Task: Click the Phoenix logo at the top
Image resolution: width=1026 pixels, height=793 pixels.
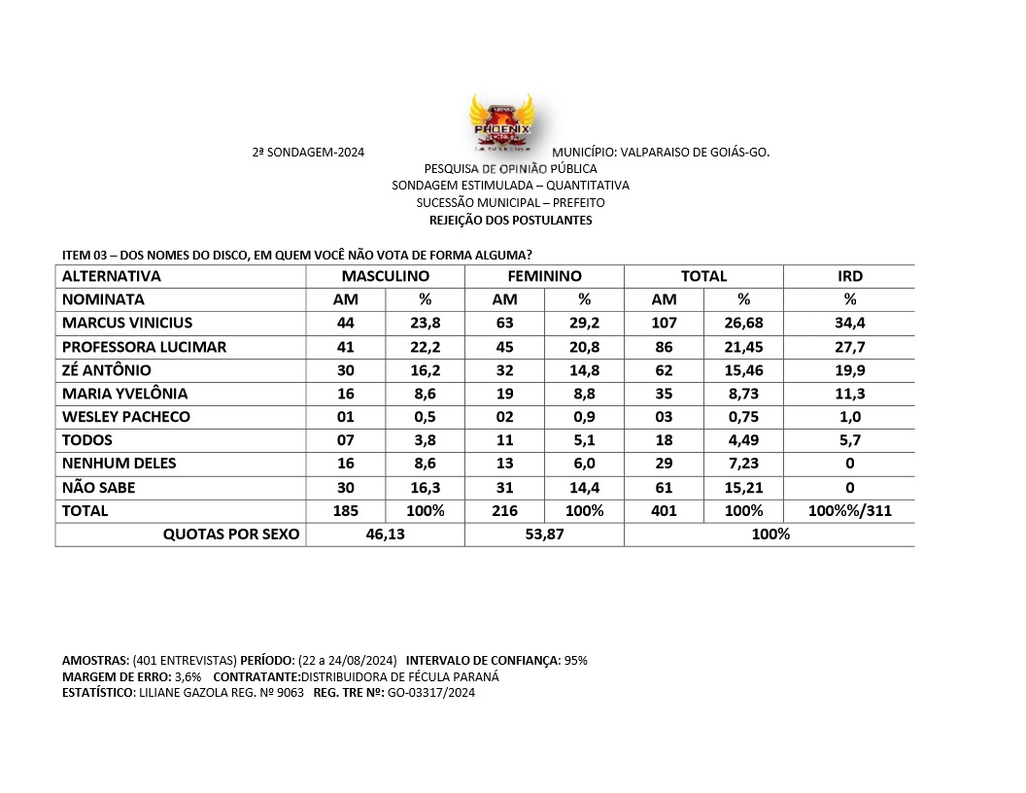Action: click(500, 123)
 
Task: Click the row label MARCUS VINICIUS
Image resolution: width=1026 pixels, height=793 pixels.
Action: click(127, 323)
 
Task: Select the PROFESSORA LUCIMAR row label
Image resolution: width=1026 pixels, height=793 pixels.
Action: click(144, 347)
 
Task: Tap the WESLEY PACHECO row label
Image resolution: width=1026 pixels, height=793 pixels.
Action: click(126, 417)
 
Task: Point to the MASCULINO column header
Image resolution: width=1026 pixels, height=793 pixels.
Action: click(386, 276)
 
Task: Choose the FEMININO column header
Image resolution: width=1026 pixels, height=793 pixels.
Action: click(544, 276)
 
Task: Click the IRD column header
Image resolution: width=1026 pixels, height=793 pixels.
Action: click(850, 276)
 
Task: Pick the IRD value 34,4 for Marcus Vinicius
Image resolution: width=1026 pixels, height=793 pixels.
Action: click(850, 323)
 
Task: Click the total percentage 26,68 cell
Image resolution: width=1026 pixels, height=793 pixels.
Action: click(743, 323)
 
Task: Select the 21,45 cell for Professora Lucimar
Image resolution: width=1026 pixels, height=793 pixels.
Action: click(743, 347)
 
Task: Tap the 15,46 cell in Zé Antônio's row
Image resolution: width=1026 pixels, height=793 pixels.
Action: click(743, 370)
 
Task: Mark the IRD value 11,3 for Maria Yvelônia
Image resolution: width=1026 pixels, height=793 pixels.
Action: click(850, 394)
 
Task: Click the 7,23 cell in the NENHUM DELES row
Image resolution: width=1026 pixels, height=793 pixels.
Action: click(743, 464)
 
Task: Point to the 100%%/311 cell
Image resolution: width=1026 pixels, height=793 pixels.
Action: click(850, 510)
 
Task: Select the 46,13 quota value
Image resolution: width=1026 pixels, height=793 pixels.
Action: click(386, 534)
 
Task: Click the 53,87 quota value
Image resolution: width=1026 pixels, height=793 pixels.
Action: click(544, 534)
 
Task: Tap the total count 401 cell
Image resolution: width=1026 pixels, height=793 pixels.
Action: click(664, 510)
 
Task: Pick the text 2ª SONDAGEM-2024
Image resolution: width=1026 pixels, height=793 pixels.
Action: click(308, 153)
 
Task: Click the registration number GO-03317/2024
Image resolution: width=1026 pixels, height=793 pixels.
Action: click(431, 692)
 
